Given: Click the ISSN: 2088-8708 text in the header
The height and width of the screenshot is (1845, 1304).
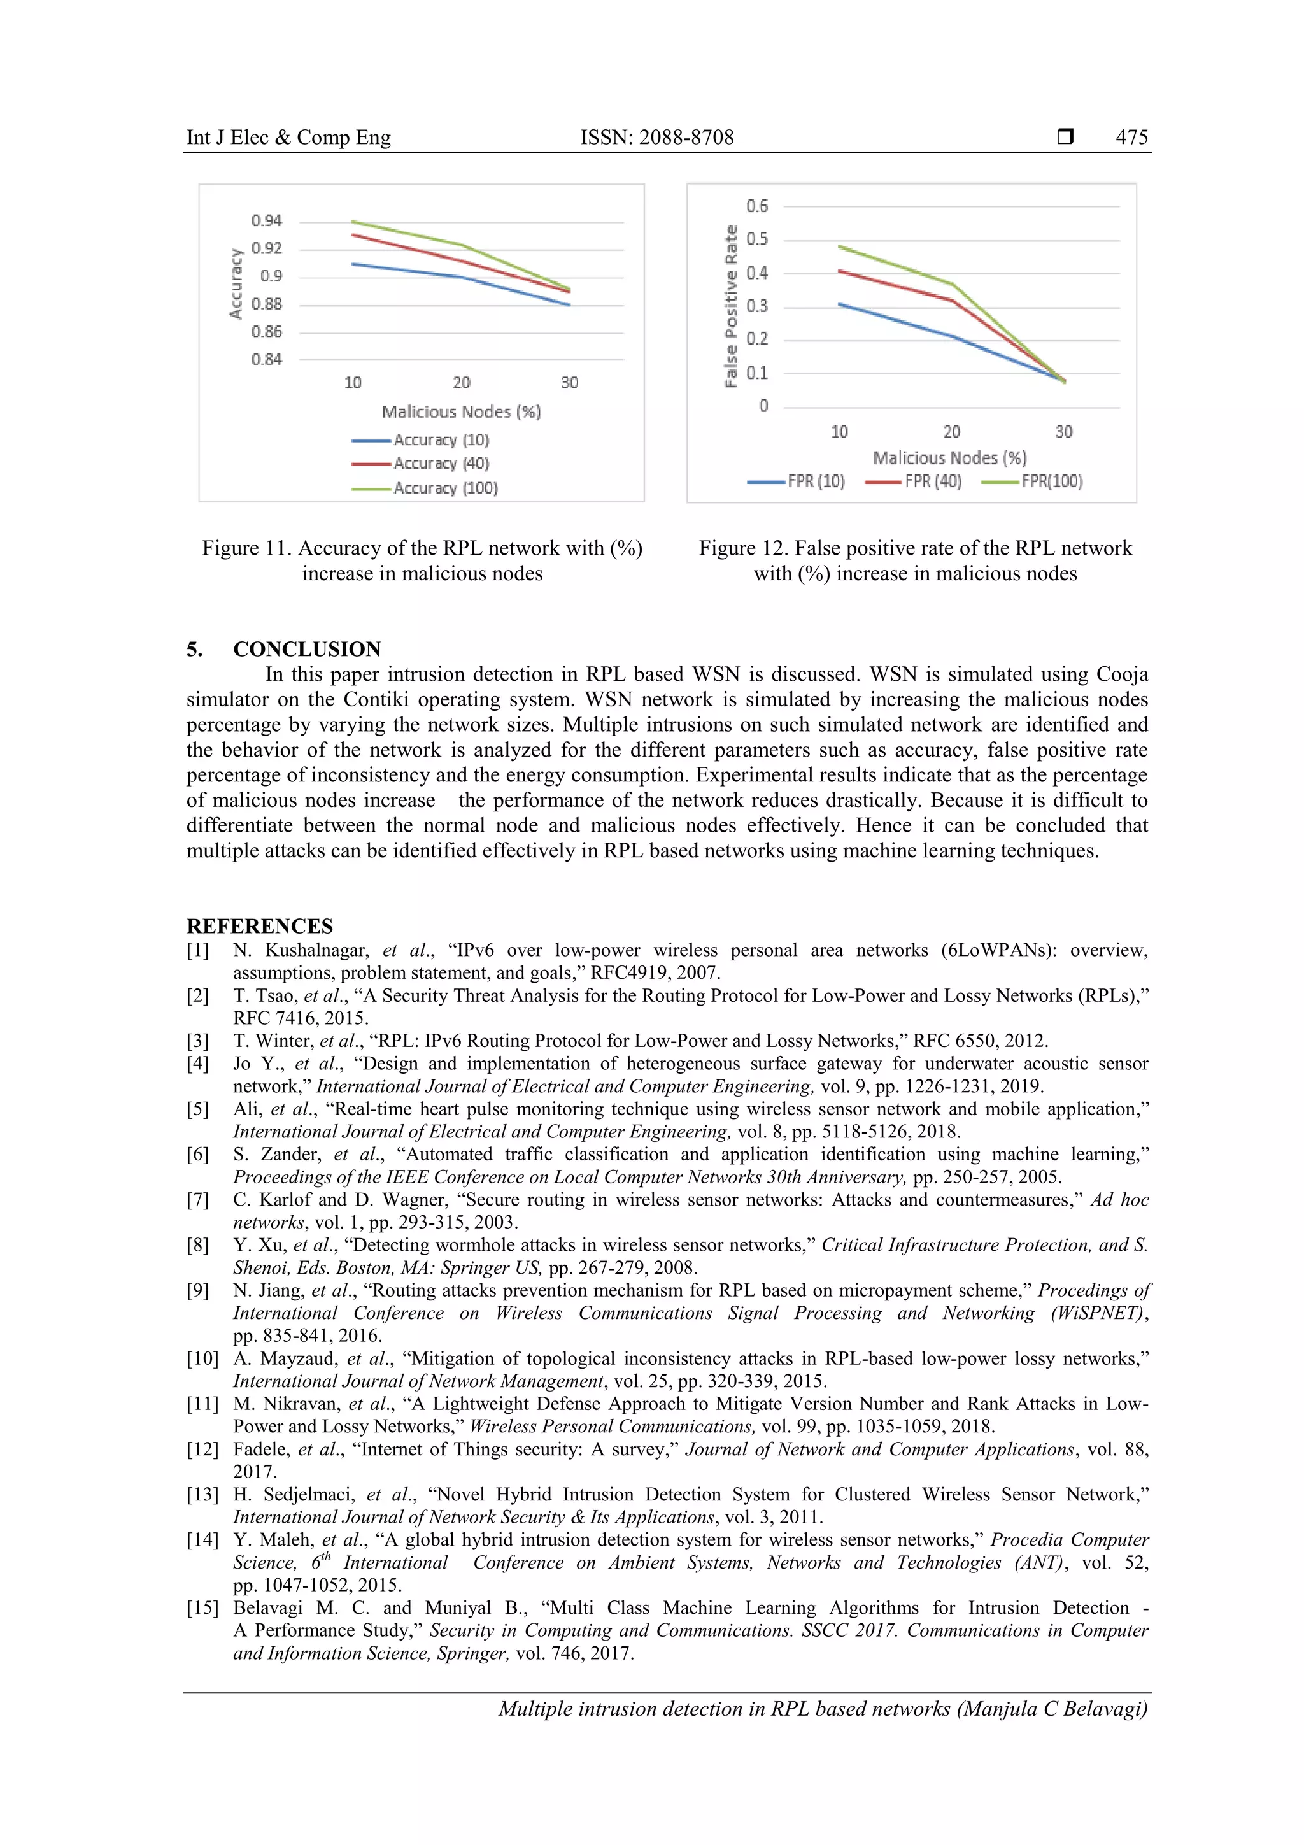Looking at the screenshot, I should pyautogui.click(x=656, y=138).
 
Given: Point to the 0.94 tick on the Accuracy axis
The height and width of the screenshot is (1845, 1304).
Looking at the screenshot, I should pyautogui.click(x=266, y=221).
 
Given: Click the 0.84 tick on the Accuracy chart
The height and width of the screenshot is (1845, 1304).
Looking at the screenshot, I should pyautogui.click(x=266, y=359).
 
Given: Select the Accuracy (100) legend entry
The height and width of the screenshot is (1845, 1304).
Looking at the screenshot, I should pyautogui.click(x=444, y=488).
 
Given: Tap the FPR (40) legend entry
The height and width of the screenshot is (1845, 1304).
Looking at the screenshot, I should pyautogui.click(x=932, y=481).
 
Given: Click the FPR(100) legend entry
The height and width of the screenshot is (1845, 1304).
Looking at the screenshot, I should pyautogui.click(x=1051, y=481).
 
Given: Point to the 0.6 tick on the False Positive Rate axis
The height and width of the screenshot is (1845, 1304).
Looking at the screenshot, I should pyautogui.click(x=757, y=206).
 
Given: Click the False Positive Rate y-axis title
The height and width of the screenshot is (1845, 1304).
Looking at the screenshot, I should pyautogui.click(x=730, y=306).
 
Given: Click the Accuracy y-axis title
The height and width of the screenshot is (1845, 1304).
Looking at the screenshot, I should pyautogui.click(x=236, y=283).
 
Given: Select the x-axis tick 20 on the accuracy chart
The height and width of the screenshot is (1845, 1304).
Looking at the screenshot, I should pyautogui.click(x=461, y=383).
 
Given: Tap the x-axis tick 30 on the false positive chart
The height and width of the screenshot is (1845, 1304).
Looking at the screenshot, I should pyautogui.click(x=1063, y=432).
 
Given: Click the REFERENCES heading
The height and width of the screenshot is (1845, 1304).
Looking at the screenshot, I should pyautogui.click(x=260, y=926).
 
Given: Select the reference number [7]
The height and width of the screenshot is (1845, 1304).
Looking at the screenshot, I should pyautogui.click(x=197, y=1200).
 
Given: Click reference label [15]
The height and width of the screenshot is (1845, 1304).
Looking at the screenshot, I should pyautogui.click(x=202, y=1608).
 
